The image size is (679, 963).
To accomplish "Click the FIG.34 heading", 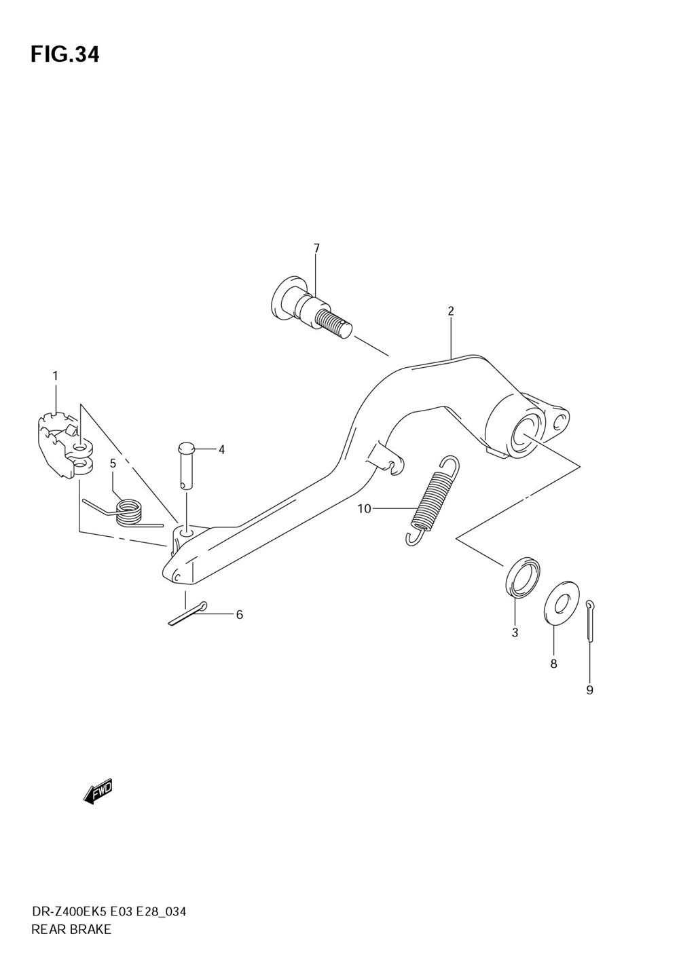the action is (x=65, y=54).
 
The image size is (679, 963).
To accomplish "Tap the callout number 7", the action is (x=316, y=248).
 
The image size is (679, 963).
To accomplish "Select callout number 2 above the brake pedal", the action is (x=451, y=311).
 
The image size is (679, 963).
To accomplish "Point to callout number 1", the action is (x=55, y=376).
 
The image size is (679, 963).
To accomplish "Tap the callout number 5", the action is (x=113, y=464).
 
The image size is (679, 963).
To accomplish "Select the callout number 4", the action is (x=221, y=449).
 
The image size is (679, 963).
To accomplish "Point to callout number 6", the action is (x=239, y=615).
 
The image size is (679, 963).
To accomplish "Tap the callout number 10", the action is (x=364, y=508).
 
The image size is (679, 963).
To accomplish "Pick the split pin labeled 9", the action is (x=590, y=620).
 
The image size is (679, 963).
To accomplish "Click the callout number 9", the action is (x=589, y=690).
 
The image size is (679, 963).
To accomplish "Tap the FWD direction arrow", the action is (x=98, y=791).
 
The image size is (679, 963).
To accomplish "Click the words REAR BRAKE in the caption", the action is (x=71, y=929).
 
